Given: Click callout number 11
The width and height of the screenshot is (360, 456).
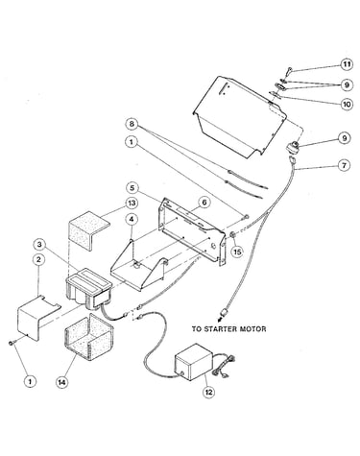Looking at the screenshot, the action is click(x=346, y=64).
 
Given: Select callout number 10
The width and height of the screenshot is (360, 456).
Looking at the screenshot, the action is click(x=347, y=105).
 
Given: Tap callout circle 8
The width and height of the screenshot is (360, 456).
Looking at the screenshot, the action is click(x=132, y=124).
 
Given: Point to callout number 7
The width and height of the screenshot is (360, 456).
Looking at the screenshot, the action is click(x=345, y=165).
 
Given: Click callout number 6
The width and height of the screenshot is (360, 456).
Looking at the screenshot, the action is click(x=204, y=203).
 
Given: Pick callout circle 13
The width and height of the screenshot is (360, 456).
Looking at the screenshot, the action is click(x=132, y=204).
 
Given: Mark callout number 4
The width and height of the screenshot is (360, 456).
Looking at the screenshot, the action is click(x=132, y=220).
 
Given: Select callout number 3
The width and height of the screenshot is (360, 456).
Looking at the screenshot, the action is click(x=39, y=245).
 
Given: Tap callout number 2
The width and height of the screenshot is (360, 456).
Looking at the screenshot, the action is click(x=38, y=260).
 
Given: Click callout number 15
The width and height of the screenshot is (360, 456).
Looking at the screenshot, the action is click(x=237, y=252).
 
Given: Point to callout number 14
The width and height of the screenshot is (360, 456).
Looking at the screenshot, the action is click(x=62, y=382).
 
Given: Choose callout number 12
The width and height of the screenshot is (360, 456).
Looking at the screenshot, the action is click(x=208, y=393).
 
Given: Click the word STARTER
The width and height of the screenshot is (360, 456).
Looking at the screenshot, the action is click(x=222, y=329).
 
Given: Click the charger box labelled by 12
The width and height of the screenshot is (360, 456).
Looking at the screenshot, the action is click(x=193, y=362).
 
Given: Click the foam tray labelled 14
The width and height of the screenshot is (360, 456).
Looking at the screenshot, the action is click(x=89, y=337).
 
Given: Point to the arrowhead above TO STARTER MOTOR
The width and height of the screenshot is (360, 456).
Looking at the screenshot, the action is click(x=220, y=319).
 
